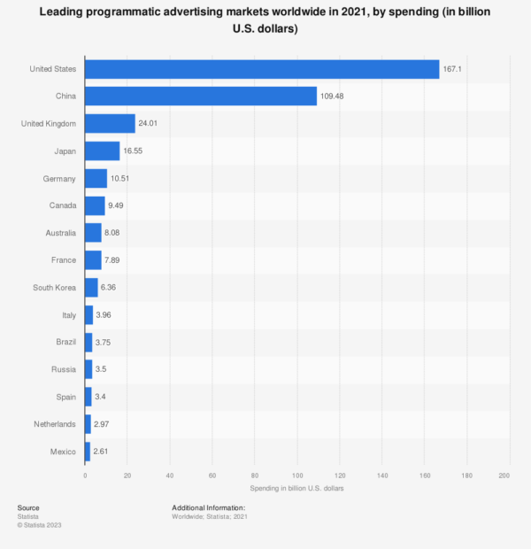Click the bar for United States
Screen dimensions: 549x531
tap(262, 69)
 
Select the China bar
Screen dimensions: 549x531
tap(201, 97)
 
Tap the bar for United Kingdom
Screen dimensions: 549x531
tap(110, 124)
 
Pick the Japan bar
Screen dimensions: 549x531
tap(102, 151)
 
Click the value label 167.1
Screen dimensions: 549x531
tap(453, 69)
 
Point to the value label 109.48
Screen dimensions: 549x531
tap(335, 97)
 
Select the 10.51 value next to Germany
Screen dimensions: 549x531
tap(121, 179)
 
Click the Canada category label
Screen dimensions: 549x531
tap(62, 206)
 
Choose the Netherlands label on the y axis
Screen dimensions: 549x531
tap(55, 424)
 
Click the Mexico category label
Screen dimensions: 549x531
tap(63, 452)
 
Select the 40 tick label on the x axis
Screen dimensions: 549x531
tap(170, 476)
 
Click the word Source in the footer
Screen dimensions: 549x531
tap(28, 507)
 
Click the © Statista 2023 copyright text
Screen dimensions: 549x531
tap(40, 525)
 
